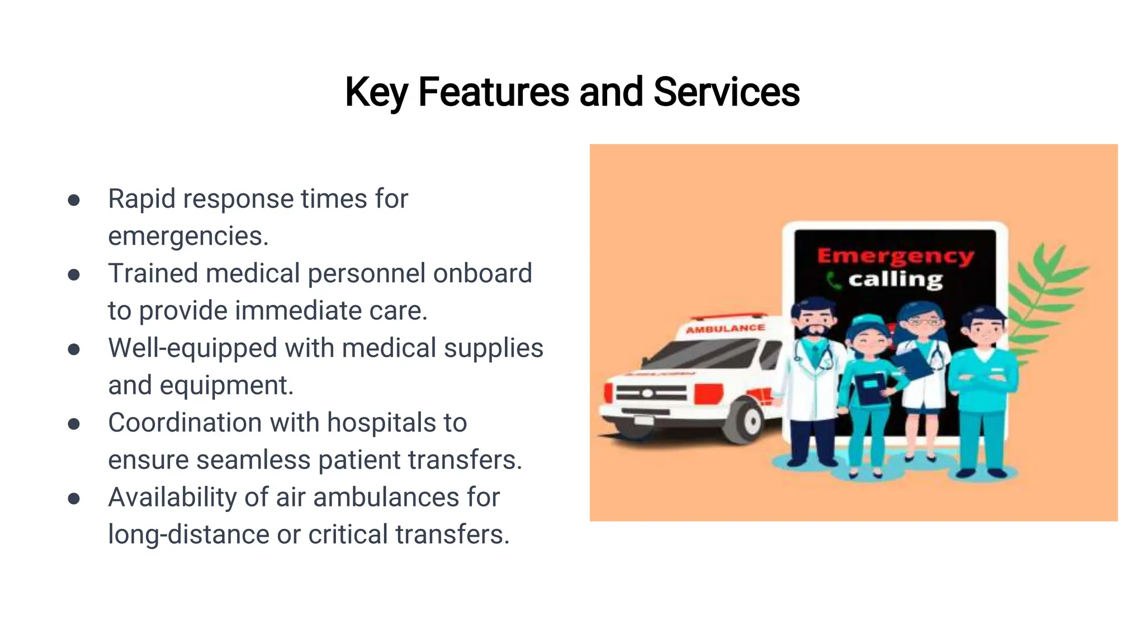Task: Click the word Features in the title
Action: point(493,92)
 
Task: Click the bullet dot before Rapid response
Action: point(74,200)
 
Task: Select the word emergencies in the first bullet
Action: point(188,236)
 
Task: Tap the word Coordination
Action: point(184,423)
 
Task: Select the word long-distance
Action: point(188,534)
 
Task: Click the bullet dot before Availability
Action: point(74,498)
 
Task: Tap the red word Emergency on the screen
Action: point(895,256)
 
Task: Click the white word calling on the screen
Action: point(895,280)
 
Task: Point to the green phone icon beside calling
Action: point(833,280)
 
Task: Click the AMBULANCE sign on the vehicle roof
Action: point(725,329)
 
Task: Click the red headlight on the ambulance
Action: point(708,394)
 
